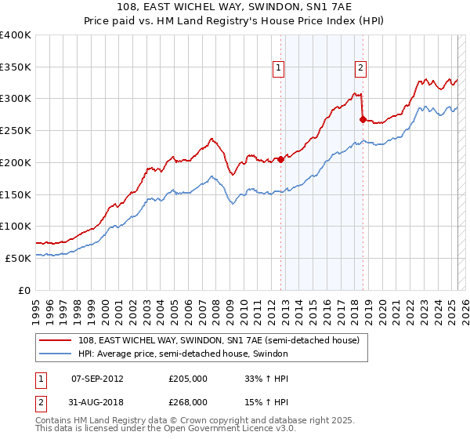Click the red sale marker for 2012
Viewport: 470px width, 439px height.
point(280,159)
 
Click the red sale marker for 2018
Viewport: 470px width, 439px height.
point(363,119)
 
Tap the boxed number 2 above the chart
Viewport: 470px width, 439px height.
point(360,68)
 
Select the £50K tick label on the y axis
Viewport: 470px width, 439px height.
point(19,258)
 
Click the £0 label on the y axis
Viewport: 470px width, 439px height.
point(25,290)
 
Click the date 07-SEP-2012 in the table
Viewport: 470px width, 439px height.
point(97,378)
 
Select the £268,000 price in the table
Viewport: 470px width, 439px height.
point(188,401)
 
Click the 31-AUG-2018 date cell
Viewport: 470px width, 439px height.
point(97,401)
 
